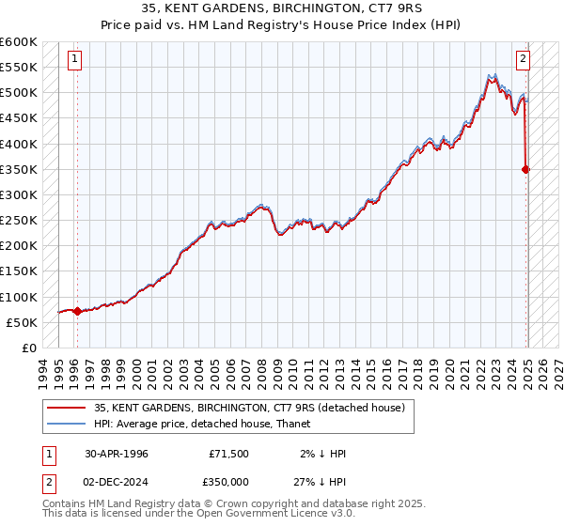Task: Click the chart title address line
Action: click(x=282, y=10)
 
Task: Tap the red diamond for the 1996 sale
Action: click(x=77, y=311)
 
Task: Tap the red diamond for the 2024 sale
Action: click(x=526, y=169)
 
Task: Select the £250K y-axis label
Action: click(x=19, y=220)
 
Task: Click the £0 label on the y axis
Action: click(x=28, y=348)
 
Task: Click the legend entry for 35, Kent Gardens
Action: click(x=249, y=407)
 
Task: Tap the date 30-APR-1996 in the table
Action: click(x=117, y=453)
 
